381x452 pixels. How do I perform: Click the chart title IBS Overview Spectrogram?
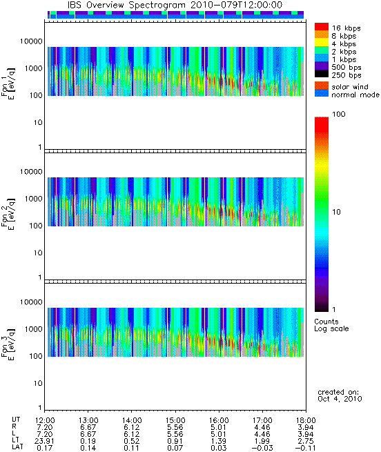[x=126, y=6]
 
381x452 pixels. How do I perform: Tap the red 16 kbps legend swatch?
[x=322, y=26]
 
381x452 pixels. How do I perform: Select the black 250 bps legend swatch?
[x=322, y=74]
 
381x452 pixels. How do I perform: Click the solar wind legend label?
[x=350, y=87]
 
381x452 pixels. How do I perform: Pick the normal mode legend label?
[x=355, y=95]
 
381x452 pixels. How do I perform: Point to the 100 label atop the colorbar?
[x=339, y=114]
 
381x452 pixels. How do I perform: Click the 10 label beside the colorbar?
[x=337, y=212]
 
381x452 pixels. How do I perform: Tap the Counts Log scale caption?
[x=331, y=325]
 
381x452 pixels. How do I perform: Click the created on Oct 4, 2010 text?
[x=340, y=395]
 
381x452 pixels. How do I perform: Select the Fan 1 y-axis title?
[x=8, y=83]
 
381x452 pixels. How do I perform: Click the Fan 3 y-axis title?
[x=8, y=344]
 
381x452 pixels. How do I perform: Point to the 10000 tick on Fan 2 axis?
[x=31, y=172]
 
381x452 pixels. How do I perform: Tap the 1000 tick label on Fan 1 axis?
[x=33, y=68]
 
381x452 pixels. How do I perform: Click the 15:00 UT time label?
[x=175, y=420]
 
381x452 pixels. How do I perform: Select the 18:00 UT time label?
[x=306, y=420]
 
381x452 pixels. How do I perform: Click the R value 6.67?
[x=88, y=427]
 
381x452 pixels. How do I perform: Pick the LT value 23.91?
[x=44, y=442]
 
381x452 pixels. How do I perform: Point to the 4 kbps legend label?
[x=344, y=43]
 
